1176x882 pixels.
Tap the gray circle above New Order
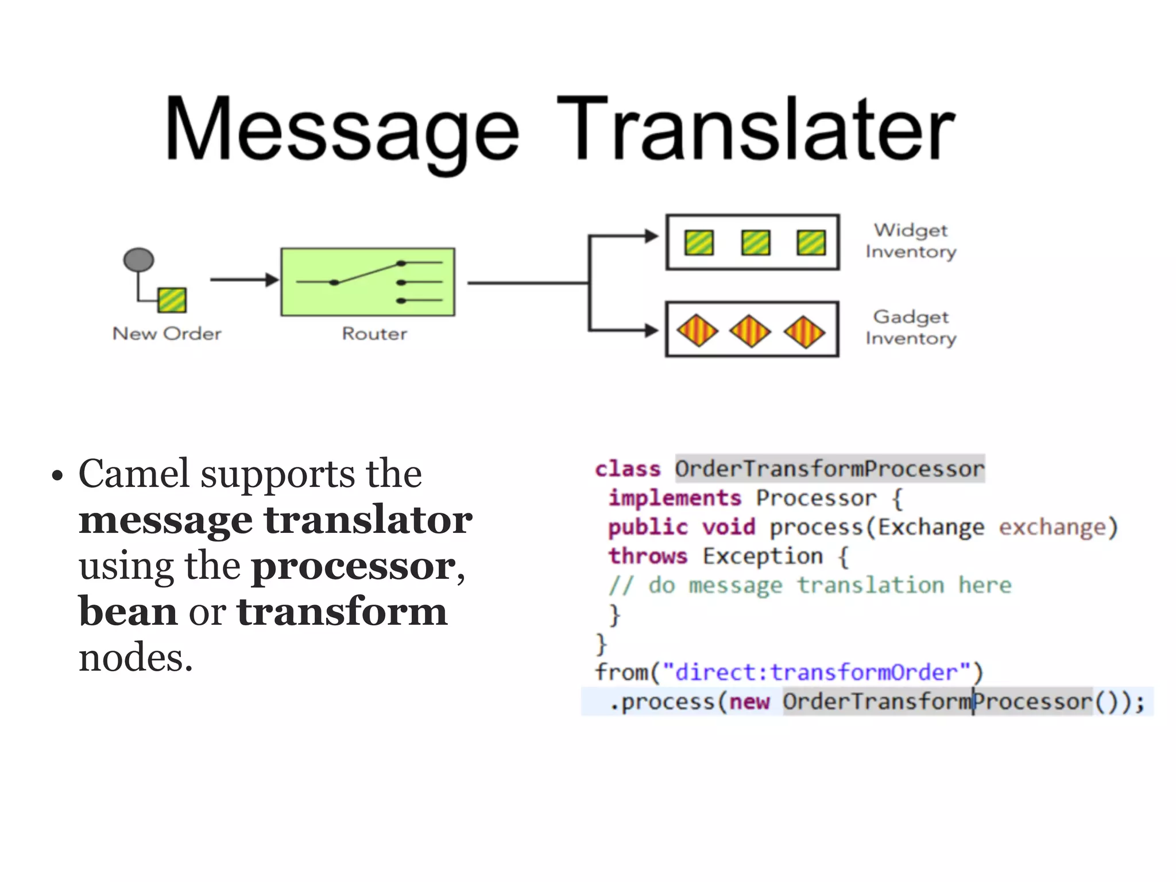139,260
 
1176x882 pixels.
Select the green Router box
367,282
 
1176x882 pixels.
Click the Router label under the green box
374,334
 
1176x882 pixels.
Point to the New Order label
167,334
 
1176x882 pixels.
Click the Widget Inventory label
911,241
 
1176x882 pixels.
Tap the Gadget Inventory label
911,327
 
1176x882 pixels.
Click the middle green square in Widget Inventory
755,242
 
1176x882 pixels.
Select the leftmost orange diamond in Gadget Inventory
697,331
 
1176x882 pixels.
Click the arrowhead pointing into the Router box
272,280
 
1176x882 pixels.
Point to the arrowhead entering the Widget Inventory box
651,236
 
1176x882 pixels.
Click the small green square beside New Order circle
172,300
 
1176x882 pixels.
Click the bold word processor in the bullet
354,566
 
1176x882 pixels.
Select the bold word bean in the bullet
128,612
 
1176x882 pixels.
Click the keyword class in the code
628,469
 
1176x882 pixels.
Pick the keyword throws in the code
648,556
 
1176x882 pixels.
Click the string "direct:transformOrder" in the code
816,672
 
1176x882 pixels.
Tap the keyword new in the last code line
749,702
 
